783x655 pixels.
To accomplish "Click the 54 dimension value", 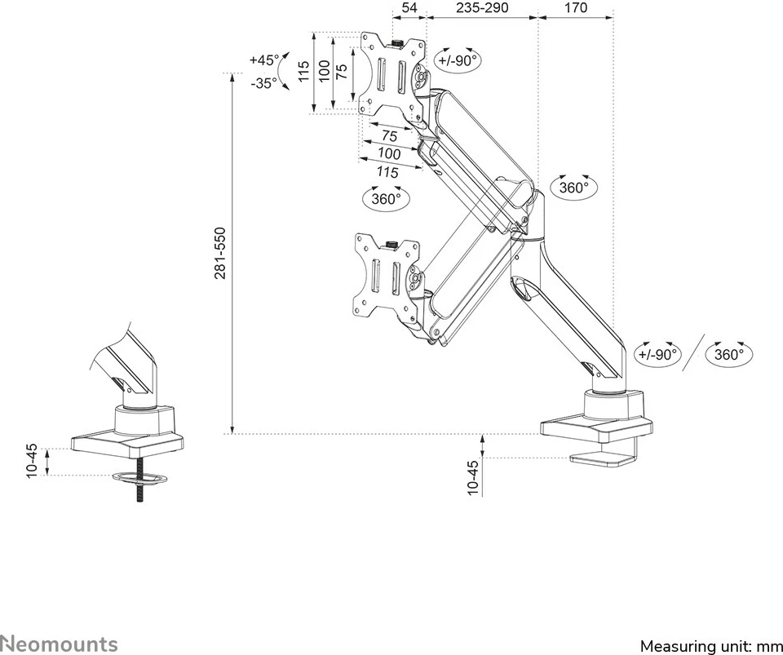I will coord(410,8).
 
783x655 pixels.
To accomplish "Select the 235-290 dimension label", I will coord(481,8).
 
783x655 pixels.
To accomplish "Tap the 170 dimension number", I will coord(575,8).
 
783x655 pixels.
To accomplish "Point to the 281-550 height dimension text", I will coord(220,254).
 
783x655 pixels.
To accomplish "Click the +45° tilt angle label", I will coord(263,60).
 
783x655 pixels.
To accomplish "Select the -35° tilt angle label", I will coord(263,83).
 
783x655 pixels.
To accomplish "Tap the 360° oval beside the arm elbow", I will coord(574,188).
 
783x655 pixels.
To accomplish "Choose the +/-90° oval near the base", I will coord(657,354).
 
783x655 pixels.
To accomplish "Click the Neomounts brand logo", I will coord(59,644).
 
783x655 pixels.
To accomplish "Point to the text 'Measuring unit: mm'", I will coord(710,646).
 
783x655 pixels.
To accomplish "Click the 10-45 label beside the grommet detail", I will coord(32,461).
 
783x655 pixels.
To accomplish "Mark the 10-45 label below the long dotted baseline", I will coord(473,478).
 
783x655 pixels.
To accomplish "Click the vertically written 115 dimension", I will coord(303,73).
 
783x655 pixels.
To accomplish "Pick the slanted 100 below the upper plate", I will coord(390,153).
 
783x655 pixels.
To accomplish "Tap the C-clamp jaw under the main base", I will coord(604,459).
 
